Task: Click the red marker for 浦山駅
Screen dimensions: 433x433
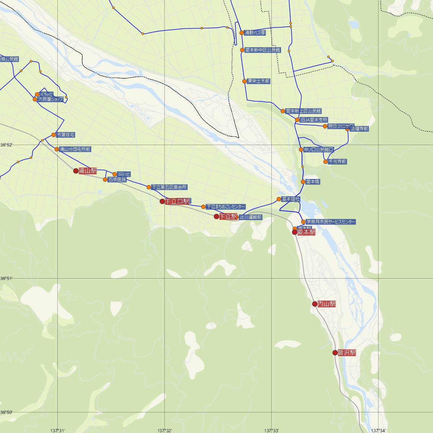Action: [x=76, y=171]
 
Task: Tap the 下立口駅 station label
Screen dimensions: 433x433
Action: [x=178, y=201]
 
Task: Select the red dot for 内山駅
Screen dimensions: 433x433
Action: [x=315, y=304]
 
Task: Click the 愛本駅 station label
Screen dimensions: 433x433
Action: [x=306, y=232]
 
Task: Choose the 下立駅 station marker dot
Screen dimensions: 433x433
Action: [x=216, y=216]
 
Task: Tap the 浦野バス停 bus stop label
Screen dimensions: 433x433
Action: [x=255, y=33]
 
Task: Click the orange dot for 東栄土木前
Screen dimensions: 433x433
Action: [x=245, y=81]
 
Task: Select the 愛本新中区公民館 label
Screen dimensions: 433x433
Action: [x=263, y=50]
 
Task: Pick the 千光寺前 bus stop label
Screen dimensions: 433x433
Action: [x=337, y=162]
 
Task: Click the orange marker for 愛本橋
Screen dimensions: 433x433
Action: [x=303, y=182]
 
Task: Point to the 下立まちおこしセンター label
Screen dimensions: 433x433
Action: [x=226, y=207]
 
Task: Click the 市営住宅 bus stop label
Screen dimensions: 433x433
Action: [x=66, y=135]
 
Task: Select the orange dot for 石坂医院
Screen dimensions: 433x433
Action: [x=105, y=179]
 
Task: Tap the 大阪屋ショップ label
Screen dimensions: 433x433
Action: [x=51, y=99]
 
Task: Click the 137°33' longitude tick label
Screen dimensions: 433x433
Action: [x=272, y=430]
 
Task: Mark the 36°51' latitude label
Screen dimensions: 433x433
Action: [x=6, y=279]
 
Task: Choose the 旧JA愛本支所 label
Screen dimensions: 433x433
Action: [x=314, y=120]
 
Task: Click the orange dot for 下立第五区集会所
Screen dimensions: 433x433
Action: [x=149, y=187]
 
